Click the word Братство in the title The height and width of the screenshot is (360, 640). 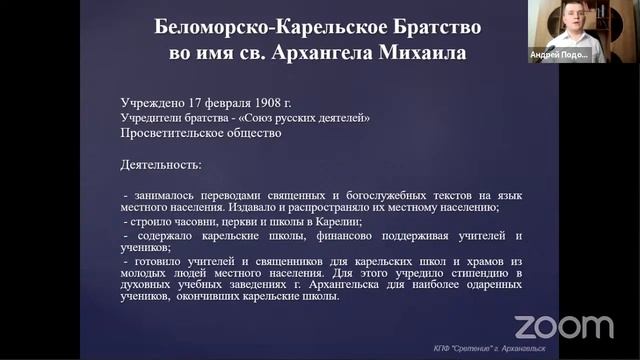417,25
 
